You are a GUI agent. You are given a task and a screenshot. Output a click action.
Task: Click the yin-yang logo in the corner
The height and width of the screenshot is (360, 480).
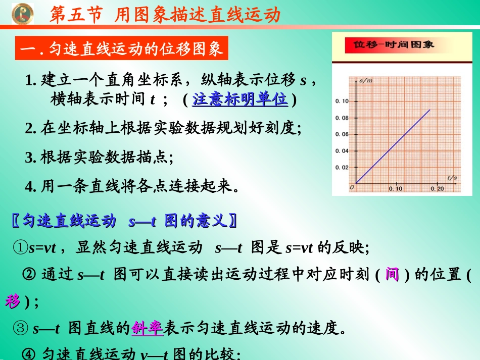point(22,13)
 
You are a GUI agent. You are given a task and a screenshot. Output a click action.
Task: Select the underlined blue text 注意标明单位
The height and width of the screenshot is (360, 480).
point(240,99)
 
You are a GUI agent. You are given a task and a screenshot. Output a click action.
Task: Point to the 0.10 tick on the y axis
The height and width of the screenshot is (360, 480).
point(342,101)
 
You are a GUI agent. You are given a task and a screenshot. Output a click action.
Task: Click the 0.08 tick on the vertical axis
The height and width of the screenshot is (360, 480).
point(342,118)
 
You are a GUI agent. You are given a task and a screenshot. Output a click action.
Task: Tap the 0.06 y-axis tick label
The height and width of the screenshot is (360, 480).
point(342,135)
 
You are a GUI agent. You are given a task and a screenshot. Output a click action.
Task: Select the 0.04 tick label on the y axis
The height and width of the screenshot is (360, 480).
point(342,151)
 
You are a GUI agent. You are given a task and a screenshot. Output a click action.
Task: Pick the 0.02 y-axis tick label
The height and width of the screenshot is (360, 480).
point(342,167)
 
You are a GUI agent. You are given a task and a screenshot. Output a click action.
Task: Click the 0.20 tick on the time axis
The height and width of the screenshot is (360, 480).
point(438,189)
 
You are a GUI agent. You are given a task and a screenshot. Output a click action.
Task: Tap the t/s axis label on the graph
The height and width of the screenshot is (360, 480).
point(452,177)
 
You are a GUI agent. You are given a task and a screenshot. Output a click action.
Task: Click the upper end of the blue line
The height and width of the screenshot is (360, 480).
point(430,110)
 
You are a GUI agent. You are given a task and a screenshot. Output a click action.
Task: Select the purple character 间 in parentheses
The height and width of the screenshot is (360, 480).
point(392,275)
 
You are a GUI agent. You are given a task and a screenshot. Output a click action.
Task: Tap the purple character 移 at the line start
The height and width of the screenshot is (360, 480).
point(12,301)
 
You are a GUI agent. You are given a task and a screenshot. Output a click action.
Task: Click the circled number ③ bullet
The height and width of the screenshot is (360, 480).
point(22,329)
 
